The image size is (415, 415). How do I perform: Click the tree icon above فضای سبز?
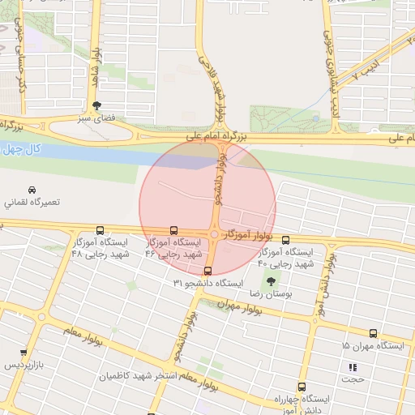point(97,105)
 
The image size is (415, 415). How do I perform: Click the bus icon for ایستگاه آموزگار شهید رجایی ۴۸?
point(100,230)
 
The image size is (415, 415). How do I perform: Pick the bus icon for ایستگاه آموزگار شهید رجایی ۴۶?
point(173,230)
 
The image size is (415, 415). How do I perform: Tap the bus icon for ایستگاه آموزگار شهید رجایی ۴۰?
point(285,240)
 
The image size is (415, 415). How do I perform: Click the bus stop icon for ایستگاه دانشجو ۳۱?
point(208,271)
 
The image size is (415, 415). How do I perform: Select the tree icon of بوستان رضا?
point(271,281)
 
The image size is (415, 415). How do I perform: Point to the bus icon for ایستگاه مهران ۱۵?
point(373,333)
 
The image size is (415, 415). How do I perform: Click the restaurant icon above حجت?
point(353,366)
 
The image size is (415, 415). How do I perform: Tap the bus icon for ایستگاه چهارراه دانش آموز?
point(302,387)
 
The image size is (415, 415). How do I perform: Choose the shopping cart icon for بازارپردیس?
point(24,353)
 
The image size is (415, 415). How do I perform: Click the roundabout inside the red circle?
point(214,233)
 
